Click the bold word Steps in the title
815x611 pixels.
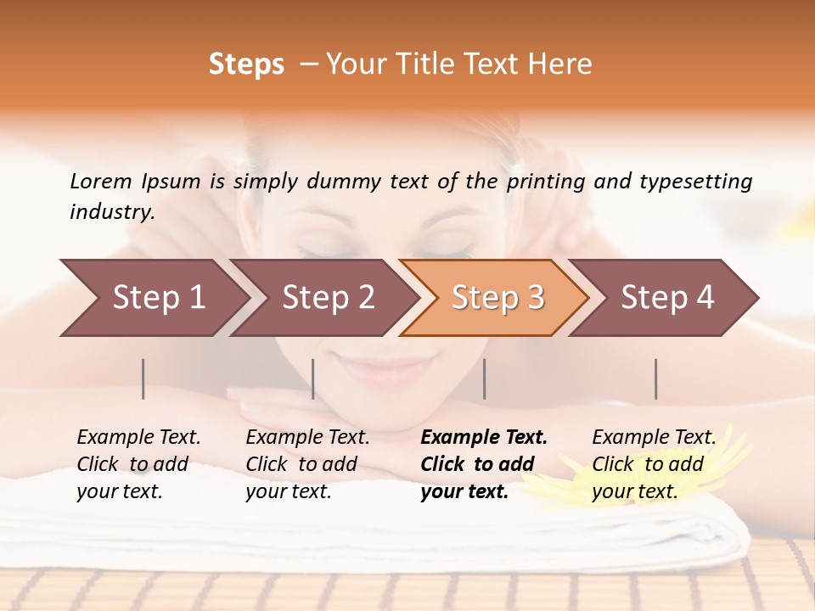[x=246, y=64]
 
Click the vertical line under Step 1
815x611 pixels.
[x=143, y=378]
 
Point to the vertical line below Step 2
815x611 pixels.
[x=313, y=378]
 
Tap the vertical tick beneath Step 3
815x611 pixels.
[x=485, y=378]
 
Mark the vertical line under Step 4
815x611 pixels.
[x=656, y=378]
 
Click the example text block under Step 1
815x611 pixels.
[x=138, y=464]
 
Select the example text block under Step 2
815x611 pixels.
[x=307, y=464]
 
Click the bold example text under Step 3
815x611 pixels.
[x=484, y=464]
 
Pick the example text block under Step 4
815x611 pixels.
[x=653, y=464]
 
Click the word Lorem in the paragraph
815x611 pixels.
[x=100, y=182]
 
